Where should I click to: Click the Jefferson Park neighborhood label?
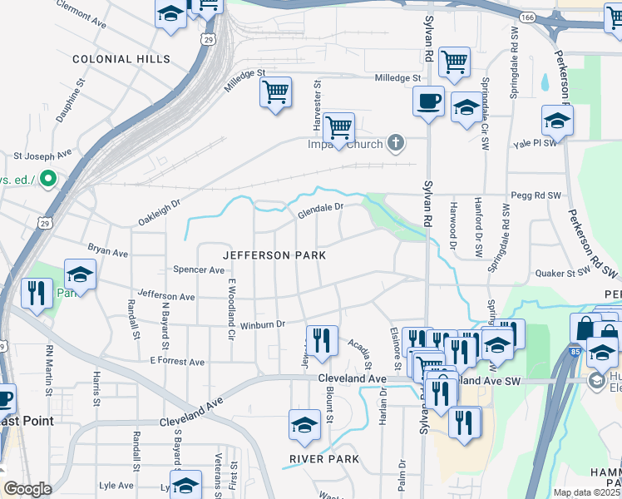coord(273,254)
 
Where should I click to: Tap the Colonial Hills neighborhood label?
coord(121,60)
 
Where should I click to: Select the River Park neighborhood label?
coord(324,459)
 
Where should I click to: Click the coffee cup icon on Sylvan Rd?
coord(428,101)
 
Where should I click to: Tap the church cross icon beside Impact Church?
coord(396,144)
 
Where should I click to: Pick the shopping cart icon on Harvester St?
coord(338,128)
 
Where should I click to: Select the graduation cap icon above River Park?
coord(305,424)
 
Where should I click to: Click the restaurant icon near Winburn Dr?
coord(322,339)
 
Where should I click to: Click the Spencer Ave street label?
coord(199,269)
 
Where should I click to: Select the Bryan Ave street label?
coord(108,250)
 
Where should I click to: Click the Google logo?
coord(27,489)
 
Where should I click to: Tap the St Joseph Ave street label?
coord(42,156)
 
